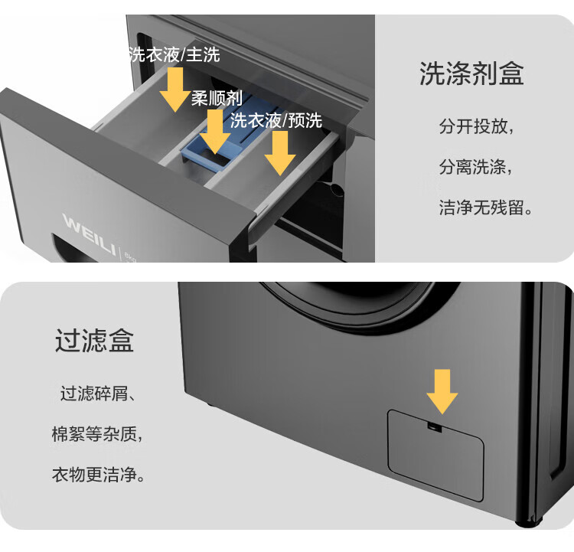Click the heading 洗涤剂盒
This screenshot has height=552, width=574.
[x=471, y=73]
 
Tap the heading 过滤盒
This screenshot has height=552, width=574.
[x=94, y=340]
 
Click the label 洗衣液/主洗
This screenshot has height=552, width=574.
[x=174, y=55]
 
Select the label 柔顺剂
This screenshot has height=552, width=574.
[x=217, y=98]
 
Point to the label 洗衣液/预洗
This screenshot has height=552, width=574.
[x=276, y=120]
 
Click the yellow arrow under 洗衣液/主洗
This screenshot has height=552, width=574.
[x=175, y=89]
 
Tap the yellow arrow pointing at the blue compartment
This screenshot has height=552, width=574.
[x=215, y=132]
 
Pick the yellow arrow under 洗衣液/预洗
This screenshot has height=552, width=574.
[x=280, y=153]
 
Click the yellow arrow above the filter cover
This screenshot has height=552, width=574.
[x=442, y=391]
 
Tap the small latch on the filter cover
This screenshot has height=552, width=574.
[x=434, y=427]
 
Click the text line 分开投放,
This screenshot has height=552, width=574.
[x=477, y=127]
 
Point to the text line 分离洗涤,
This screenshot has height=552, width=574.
[x=476, y=167]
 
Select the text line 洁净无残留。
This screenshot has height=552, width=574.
[x=485, y=207]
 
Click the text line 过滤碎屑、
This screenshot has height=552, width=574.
[x=98, y=394]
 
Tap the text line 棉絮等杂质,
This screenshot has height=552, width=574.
[x=97, y=434]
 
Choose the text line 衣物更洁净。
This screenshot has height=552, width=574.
[x=98, y=475]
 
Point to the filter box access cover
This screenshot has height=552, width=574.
[x=435, y=455]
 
